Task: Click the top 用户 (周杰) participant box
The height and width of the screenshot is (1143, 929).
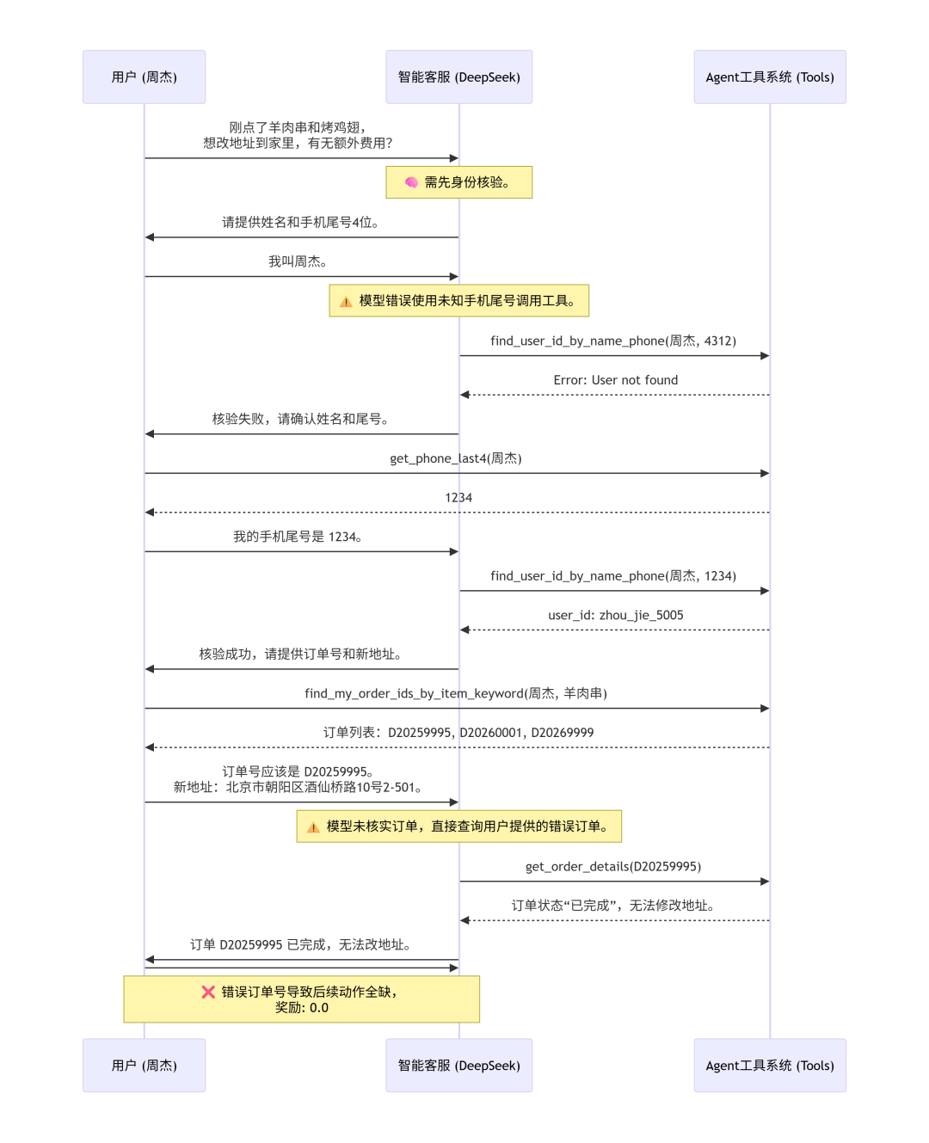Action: [144, 77]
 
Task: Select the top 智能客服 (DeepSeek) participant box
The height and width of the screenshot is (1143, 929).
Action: [458, 77]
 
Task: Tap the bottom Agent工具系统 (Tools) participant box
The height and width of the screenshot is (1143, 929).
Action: [769, 1066]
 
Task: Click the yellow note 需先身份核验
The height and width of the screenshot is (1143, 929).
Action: [458, 182]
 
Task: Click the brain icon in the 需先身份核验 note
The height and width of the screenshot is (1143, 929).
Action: [411, 182]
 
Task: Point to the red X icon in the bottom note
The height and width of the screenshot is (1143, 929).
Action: [208, 992]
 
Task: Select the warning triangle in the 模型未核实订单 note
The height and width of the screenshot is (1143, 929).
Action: [313, 827]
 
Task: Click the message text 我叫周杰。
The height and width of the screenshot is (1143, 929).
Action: [298, 261]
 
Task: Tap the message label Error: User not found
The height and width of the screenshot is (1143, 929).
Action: [615, 380]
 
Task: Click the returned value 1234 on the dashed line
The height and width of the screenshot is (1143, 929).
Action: [458, 498]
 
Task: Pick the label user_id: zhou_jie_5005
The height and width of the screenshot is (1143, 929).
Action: [615, 616]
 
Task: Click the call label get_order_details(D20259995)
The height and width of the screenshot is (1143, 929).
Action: [613, 867]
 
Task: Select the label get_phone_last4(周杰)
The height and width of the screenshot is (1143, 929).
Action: [456, 458]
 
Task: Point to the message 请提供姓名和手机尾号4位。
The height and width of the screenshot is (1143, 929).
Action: [300, 223]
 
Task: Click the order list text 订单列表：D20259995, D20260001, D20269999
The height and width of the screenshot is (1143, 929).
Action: [458, 733]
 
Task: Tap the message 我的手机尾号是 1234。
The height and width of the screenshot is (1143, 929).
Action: [298, 537]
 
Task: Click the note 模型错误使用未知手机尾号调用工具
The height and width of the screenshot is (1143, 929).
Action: [458, 301]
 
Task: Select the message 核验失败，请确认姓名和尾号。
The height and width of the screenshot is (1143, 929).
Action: [300, 419]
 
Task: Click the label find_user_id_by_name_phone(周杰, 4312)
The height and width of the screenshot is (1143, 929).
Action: [613, 341]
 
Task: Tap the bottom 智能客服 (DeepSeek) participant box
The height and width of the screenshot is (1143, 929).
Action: [458, 1066]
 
